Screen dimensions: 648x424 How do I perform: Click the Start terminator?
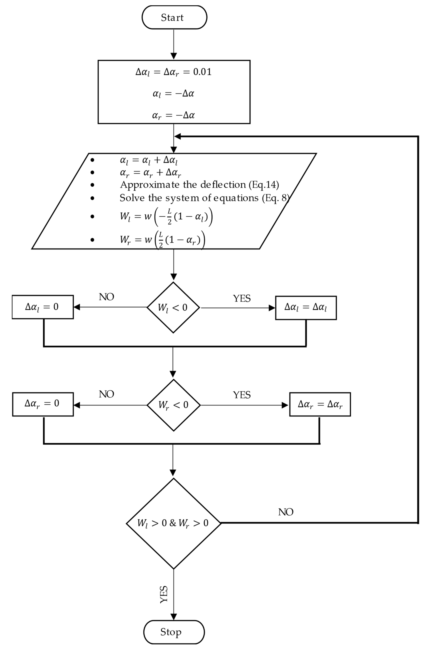174,17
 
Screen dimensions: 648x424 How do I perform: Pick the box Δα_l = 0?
43,307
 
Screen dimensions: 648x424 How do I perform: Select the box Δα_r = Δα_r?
320,404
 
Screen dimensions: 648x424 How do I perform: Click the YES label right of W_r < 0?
242,395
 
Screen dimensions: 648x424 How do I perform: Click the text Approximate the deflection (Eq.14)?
199,185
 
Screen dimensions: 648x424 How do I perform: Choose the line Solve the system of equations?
204,198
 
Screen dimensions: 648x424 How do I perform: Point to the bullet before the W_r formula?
92,240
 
